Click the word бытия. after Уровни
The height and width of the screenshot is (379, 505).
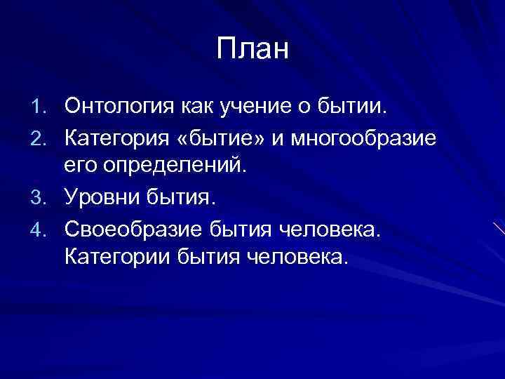coord(184,199)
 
